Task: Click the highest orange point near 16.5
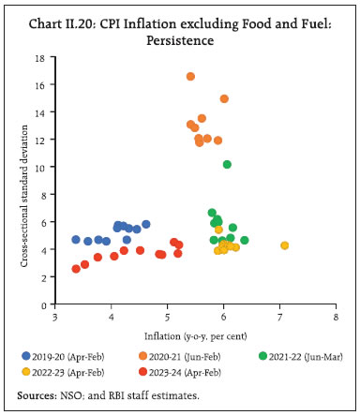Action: click(x=190, y=77)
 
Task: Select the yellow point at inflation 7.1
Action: click(x=285, y=245)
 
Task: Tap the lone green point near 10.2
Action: click(x=227, y=164)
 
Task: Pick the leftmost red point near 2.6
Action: click(x=76, y=269)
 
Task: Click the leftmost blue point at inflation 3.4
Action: click(x=76, y=240)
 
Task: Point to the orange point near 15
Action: click(x=224, y=98)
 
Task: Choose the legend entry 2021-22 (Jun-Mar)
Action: click(x=298, y=356)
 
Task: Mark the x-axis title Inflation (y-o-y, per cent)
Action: click(x=194, y=334)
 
